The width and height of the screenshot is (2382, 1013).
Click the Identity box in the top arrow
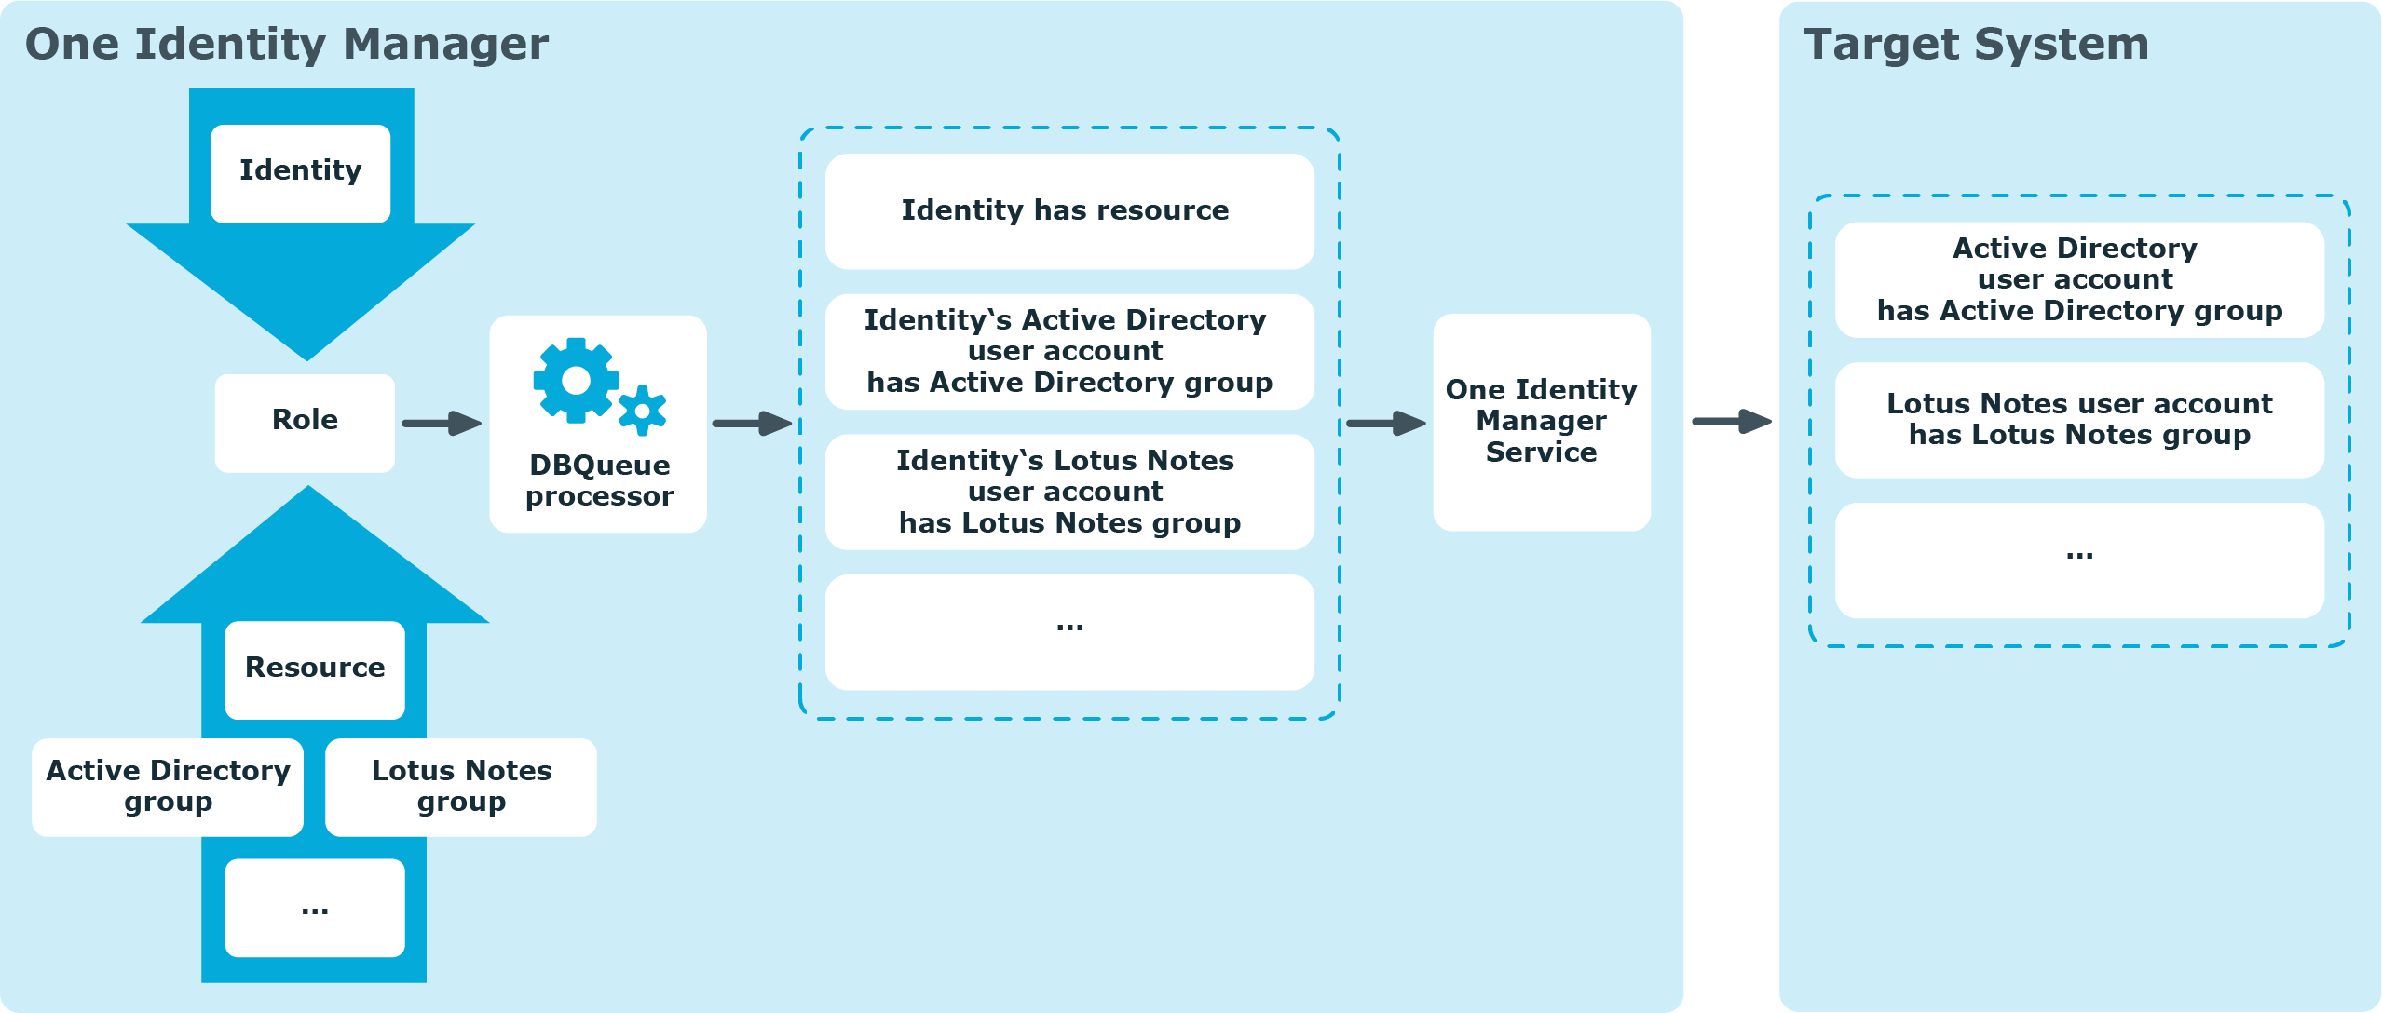pos(300,173)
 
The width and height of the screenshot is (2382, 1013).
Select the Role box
pos(305,423)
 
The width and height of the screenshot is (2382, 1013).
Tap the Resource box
pos(315,669)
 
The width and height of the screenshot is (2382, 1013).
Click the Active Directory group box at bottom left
pos(168,787)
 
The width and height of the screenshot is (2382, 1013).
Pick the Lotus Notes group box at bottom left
pos(461,787)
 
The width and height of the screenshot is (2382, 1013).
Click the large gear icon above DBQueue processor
pos(576,380)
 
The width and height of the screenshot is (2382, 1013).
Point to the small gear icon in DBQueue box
pos(642,411)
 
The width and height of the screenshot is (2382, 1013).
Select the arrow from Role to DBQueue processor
pos(442,423)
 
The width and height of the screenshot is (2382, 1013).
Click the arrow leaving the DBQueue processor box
pos(752,423)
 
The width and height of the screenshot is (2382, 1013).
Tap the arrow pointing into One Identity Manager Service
pos(1386,423)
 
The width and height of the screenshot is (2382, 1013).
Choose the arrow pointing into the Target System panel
pos(1732,421)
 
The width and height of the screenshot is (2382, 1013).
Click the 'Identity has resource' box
pos(1069,211)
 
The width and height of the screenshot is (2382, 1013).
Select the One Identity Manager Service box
pos(1542,422)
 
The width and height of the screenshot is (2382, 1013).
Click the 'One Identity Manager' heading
pos(287,44)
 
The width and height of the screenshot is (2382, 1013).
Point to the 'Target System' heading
pos(1976,44)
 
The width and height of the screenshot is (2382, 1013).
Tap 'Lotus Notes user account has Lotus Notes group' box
pos(2079,420)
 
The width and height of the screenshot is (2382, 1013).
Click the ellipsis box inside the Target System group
pos(2079,561)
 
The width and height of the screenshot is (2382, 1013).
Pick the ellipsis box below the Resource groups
pos(315,908)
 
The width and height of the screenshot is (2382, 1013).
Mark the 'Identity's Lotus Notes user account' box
pos(1069,492)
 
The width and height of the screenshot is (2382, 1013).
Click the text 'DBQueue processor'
pos(599,480)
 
